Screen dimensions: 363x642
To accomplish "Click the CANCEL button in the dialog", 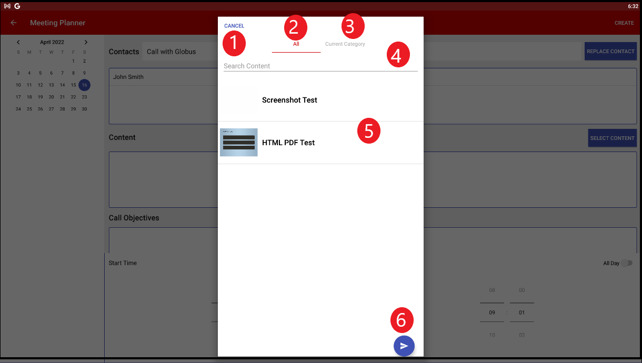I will coord(234,26).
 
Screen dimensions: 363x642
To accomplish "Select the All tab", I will coord(296,44).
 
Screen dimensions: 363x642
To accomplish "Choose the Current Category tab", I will coord(345,44).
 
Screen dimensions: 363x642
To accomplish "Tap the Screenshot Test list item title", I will coord(289,100).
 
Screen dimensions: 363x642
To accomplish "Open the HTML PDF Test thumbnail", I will coord(239,143).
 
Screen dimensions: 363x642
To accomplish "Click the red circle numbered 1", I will coord(234,44).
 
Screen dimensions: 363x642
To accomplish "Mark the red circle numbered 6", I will coord(402,320).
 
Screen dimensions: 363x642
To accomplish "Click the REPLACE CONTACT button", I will coord(610,52).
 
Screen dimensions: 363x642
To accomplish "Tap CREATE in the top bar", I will coord(624,23).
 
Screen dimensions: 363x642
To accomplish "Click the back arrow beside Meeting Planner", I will coord(14,23).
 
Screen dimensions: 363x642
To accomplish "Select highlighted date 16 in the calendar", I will coord(84,85).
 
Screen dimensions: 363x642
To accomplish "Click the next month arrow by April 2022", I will coord(86,42).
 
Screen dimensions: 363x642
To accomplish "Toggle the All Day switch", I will coord(626,263).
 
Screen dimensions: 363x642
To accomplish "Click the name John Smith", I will coord(128,77).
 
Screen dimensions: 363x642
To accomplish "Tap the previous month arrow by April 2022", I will coord(18,42).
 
